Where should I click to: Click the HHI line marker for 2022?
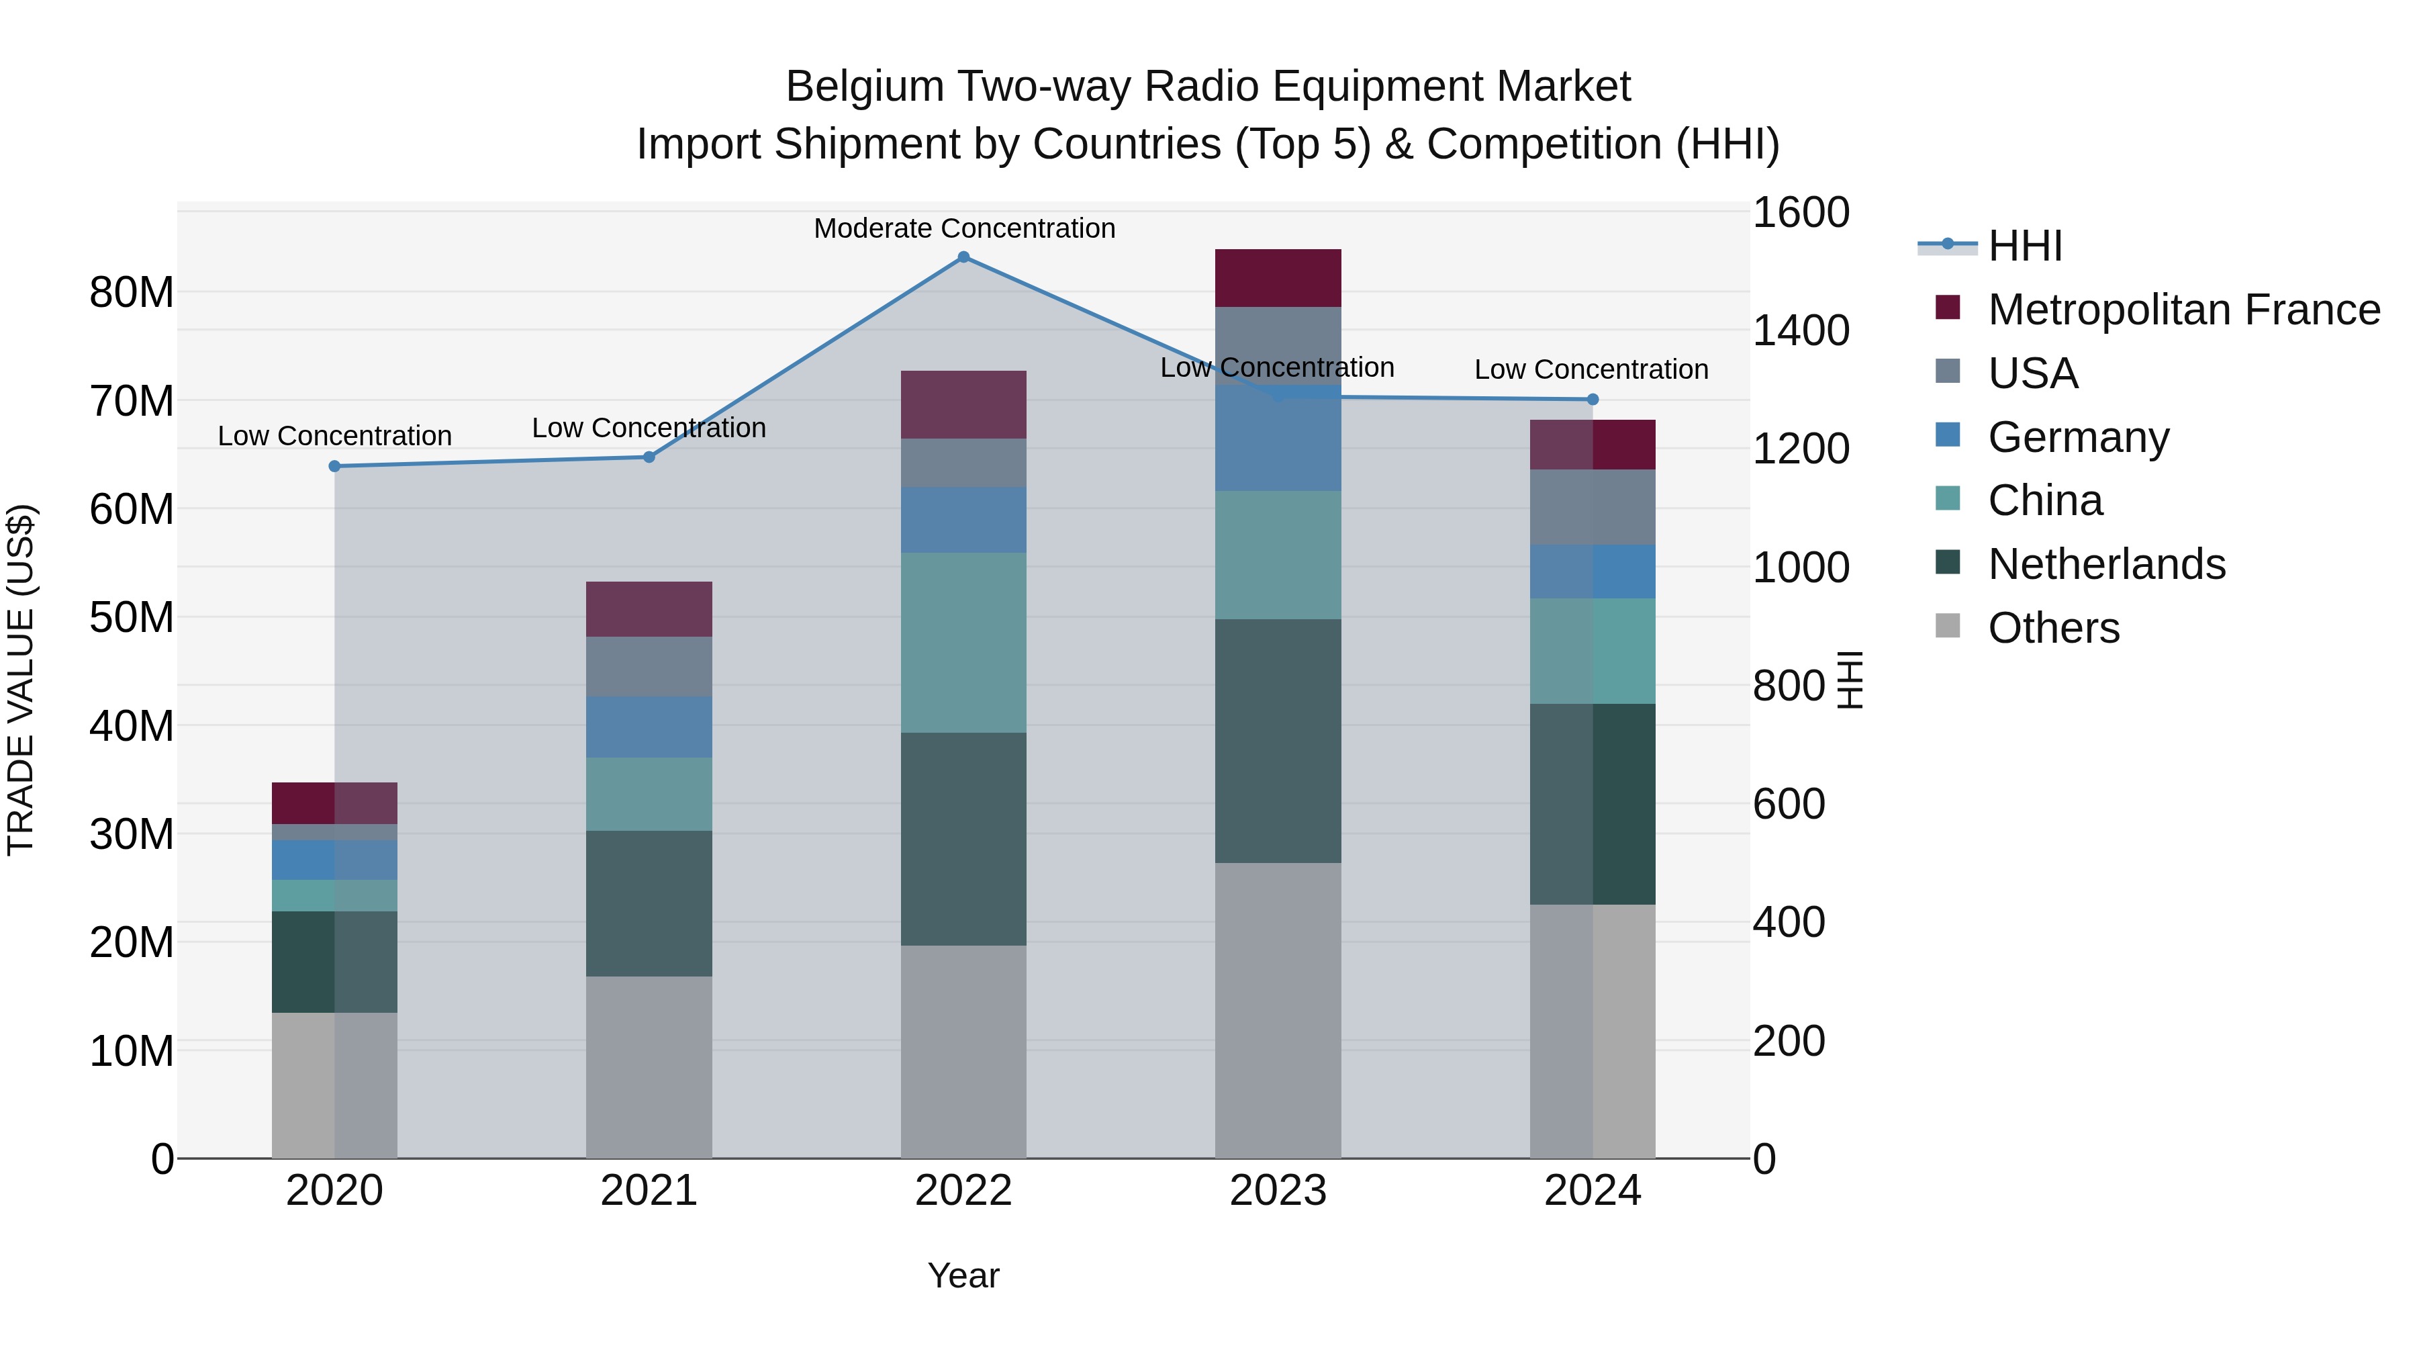963,257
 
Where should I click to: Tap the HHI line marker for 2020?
335,467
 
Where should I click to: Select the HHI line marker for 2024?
1593,400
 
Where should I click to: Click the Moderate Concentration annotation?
963,229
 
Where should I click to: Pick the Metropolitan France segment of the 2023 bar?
1278,278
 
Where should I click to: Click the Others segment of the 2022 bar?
963,1051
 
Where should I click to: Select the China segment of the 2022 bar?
963,643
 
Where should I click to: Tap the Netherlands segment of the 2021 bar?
649,903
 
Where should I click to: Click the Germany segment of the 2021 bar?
649,727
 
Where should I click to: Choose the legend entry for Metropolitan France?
2183,310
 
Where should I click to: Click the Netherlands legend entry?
2106,564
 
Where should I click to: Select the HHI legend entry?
2025,246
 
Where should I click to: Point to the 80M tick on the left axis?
132,293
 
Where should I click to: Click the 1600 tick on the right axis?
1799,212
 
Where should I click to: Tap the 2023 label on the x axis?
1278,1191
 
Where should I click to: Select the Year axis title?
963,1275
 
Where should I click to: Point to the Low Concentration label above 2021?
649,428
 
